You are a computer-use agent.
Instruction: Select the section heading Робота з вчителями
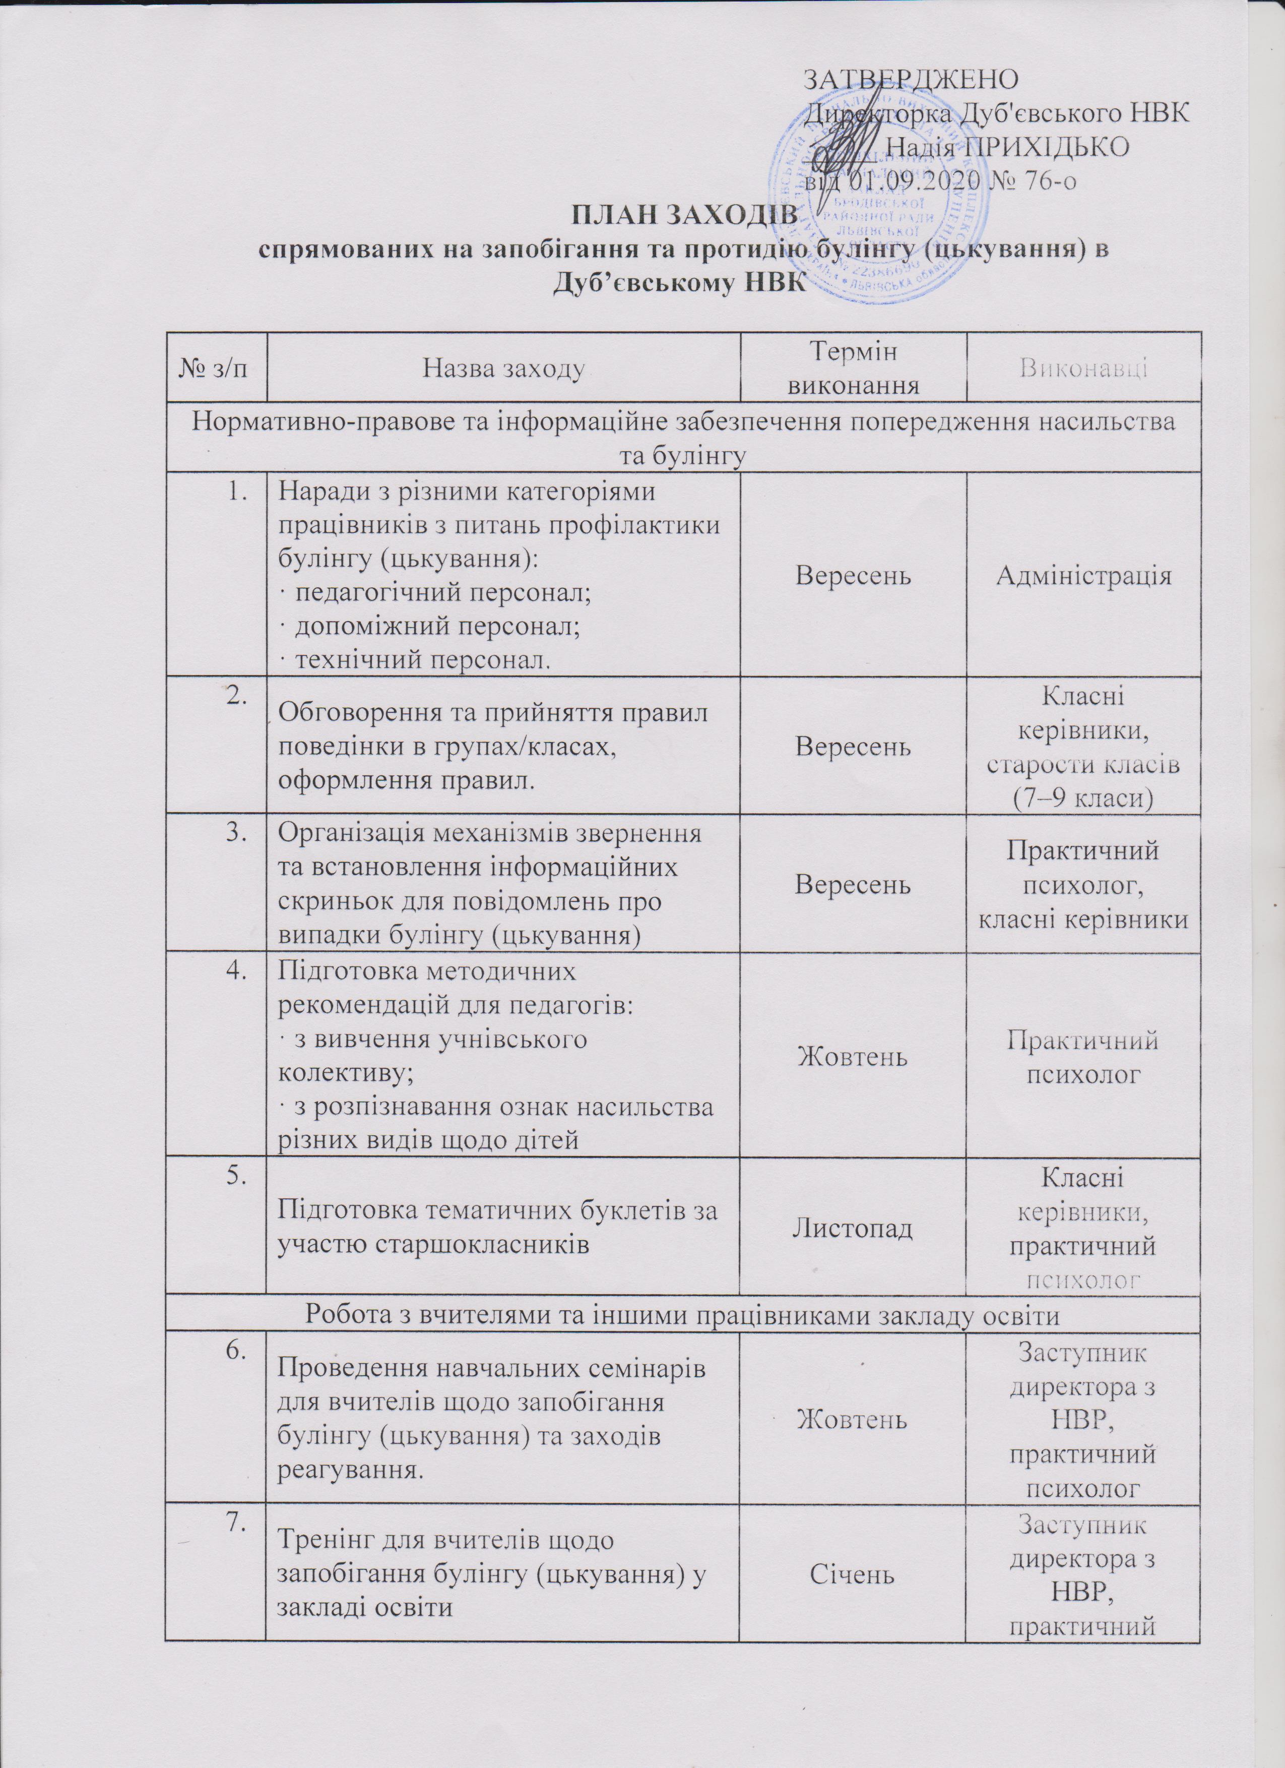[683, 1315]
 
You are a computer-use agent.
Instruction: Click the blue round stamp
[873, 195]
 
